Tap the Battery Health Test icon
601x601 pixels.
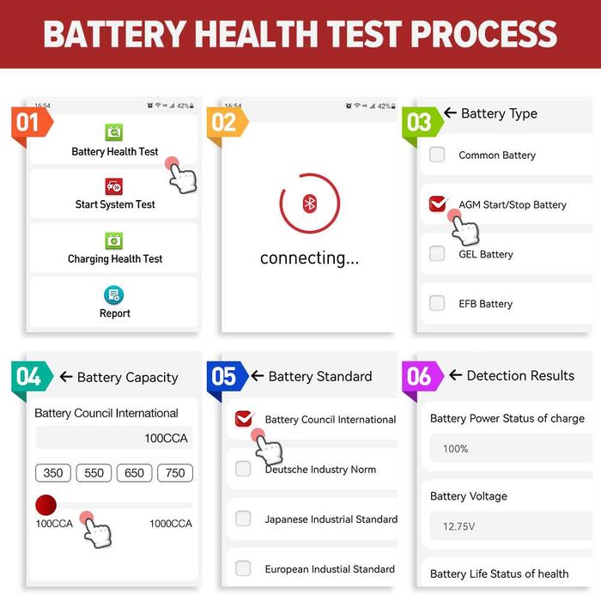click(114, 132)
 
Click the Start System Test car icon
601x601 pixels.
click(114, 186)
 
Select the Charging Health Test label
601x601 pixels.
click(115, 258)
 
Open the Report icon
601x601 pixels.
click(114, 295)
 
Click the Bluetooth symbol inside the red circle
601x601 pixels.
click(310, 203)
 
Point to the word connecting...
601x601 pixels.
click(309, 258)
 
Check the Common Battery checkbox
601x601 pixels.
click(437, 155)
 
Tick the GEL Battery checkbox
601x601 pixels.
click(437, 253)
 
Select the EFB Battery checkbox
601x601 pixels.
click(437, 303)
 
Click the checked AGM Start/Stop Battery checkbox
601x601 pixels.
click(437, 204)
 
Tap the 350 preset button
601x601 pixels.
click(52, 473)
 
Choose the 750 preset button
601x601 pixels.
click(174, 473)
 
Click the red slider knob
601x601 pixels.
click(46, 504)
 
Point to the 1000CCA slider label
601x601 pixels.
click(171, 524)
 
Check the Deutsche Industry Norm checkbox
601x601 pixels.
click(243, 469)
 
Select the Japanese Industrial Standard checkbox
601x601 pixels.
click(243, 519)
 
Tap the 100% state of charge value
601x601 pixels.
click(455, 448)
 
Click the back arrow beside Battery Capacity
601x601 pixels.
click(66, 377)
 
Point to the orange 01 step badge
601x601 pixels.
click(28, 123)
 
